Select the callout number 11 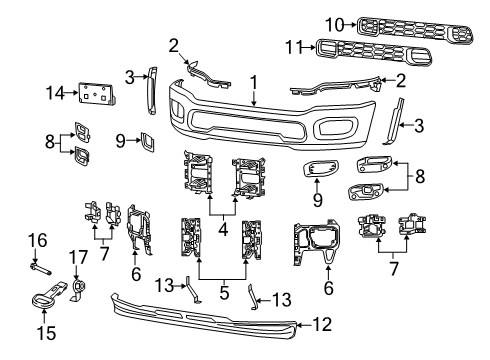click(x=293, y=46)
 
